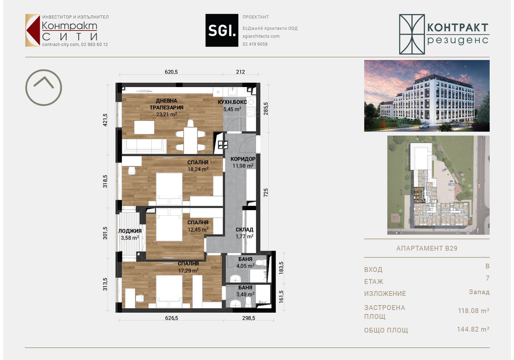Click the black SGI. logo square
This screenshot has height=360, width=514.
point(222,30)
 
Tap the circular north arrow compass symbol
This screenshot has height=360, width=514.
point(44,70)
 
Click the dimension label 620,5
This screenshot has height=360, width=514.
point(171,72)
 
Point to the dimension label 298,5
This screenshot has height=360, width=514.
point(248,318)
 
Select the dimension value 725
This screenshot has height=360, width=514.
point(266,192)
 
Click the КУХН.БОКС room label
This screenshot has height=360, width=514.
point(232,102)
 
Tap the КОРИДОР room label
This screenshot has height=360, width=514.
point(243,159)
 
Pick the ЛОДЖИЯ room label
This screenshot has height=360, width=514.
point(130,231)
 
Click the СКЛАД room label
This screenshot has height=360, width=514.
point(245,230)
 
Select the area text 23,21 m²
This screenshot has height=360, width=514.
point(167,114)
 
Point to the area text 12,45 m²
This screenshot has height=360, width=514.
point(198,229)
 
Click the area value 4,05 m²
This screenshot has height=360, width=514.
point(245,266)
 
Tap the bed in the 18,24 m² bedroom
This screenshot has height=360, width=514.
point(169,189)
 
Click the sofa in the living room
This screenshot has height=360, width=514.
point(144,146)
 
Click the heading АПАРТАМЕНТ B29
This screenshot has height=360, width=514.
point(427,248)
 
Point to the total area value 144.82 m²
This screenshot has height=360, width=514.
point(473,329)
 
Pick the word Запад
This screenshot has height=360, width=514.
point(479,292)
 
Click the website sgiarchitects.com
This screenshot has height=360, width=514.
point(261,36)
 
